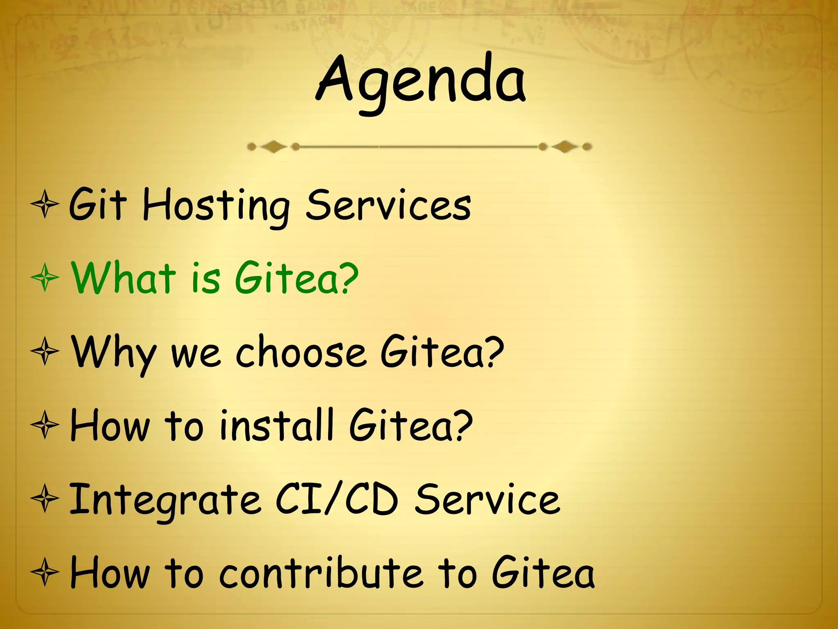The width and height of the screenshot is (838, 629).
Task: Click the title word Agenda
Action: pos(421,82)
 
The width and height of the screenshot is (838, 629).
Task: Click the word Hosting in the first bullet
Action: pos(216,206)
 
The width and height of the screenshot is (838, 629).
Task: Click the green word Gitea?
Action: pos(297,278)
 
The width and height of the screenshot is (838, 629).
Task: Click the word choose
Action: pos(301,352)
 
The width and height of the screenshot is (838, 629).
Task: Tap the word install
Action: pos(277,426)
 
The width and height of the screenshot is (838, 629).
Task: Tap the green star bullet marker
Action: pos(45,278)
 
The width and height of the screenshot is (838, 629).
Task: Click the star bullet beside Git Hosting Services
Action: pos(45,205)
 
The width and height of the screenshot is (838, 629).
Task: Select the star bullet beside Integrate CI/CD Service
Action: pos(45,499)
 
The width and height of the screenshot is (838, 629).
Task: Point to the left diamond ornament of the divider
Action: pos(273,147)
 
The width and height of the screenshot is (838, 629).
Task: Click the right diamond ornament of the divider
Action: pos(565,147)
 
